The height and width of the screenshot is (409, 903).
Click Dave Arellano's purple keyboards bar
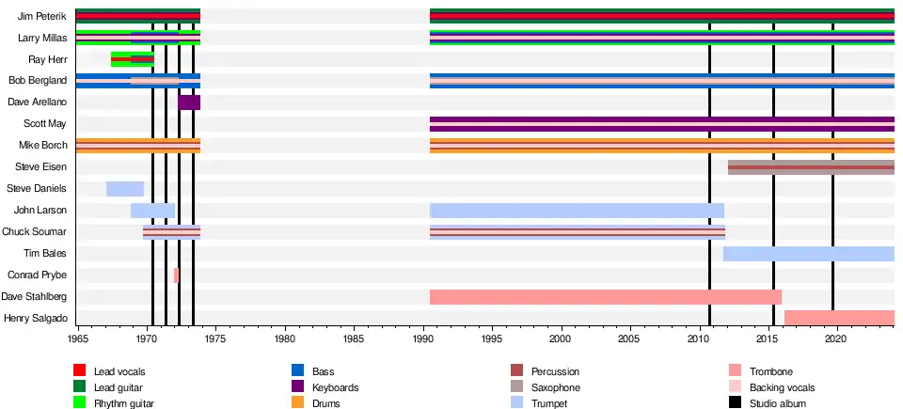pos(189,102)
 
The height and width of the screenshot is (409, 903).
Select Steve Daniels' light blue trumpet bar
pos(125,189)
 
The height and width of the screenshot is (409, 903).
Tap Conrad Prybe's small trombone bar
pos(176,275)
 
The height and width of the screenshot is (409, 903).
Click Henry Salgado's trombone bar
pos(839,317)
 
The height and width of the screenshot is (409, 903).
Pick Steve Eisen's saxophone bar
pos(811,167)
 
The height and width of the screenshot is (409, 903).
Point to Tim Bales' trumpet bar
pos(809,254)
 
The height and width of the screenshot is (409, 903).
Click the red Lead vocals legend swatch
pos(80,372)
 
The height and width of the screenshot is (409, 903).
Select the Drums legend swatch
pos(298,403)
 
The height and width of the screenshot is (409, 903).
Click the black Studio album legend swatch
pos(735,403)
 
